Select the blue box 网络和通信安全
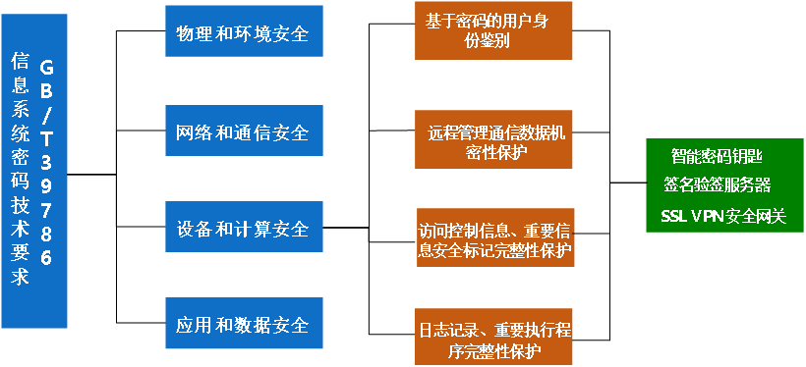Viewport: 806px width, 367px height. [x=243, y=131]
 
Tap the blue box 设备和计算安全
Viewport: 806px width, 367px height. [x=243, y=229]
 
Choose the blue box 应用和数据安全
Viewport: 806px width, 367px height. [x=243, y=325]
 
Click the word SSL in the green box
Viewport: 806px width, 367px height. [x=673, y=215]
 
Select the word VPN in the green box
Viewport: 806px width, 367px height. [x=707, y=215]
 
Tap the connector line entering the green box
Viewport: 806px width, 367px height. [x=628, y=183]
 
